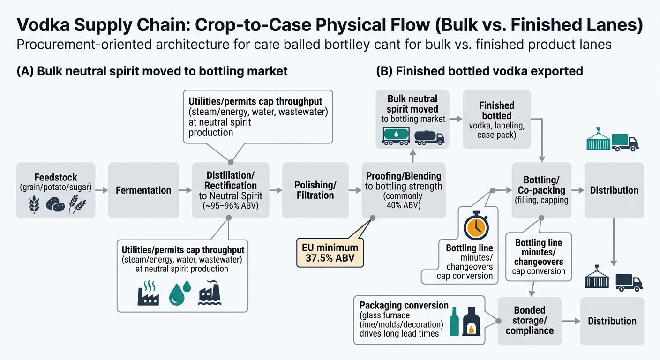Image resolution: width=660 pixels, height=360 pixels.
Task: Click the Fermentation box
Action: click(x=143, y=190)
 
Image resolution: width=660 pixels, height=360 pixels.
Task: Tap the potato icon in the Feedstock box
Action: click(x=55, y=204)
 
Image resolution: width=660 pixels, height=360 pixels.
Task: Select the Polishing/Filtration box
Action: click(x=315, y=190)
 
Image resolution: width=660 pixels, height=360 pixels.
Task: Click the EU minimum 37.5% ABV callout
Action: click(x=330, y=253)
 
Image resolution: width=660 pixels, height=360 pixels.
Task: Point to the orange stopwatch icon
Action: click(x=477, y=227)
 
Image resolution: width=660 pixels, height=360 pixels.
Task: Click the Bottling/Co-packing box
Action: click(x=541, y=190)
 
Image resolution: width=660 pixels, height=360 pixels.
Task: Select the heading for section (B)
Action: click(x=479, y=71)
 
